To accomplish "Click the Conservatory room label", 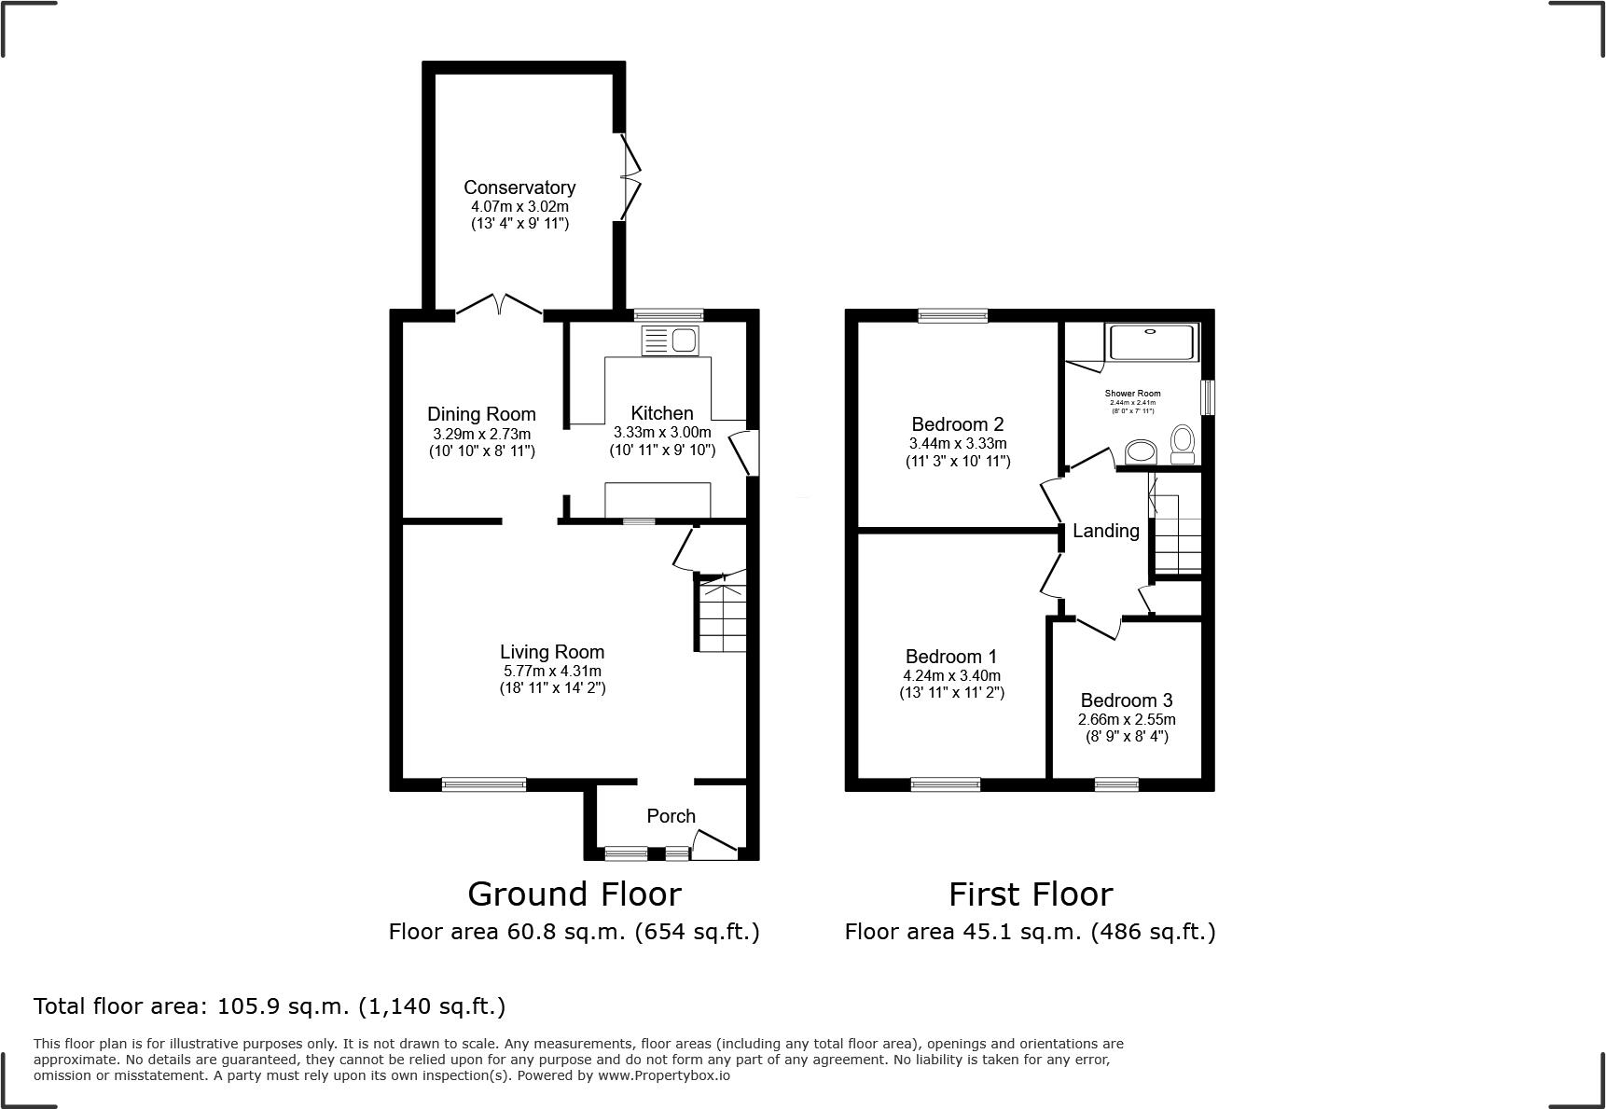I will pyautogui.click(x=519, y=187).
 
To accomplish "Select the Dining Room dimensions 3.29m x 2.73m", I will pyautogui.click(x=481, y=434).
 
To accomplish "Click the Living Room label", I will pyautogui.click(x=552, y=652).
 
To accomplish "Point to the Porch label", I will pyautogui.click(x=671, y=816).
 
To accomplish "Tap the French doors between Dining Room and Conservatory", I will pyautogui.click(x=499, y=306).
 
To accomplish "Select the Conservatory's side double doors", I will pyautogui.click(x=631, y=177).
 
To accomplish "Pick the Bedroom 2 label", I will pyautogui.click(x=958, y=424).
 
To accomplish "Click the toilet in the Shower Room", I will pyautogui.click(x=1183, y=444).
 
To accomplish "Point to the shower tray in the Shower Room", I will pyautogui.click(x=1151, y=341).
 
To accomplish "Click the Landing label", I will pyautogui.click(x=1105, y=531).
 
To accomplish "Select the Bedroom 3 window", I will pyautogui.click(x=1116, y=784).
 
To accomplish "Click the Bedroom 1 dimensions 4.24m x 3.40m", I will pyautogui.click(x=951, y=675).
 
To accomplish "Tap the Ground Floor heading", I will pyautogui.click(x=574, y=894).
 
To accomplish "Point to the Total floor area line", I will pyautogui.click(x=270, y=1006).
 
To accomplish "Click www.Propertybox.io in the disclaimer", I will pyautogui.click(x=663, y=1075).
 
